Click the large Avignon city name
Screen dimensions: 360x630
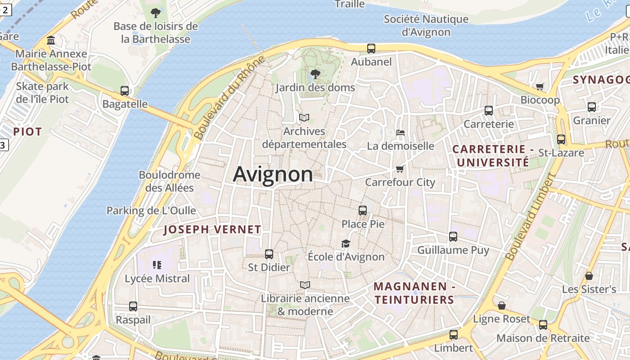tap(273, 175)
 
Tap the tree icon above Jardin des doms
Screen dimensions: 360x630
tap(315, 74)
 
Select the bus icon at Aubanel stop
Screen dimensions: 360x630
tap(371, 49)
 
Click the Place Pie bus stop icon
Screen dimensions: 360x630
tap(363, 210)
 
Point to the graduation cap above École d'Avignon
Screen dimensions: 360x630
tap(346, 243)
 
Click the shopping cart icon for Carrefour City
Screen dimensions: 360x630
tap(400, 169)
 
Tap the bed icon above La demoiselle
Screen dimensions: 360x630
tap(400, 133)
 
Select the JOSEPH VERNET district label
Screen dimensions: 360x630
tap(212, 229)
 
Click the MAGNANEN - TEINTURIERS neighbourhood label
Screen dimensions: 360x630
tap(414, 293)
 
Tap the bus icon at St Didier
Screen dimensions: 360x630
tap(269, 254)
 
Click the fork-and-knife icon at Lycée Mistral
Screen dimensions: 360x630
tap(157, 265)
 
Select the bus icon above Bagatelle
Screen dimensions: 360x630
tap(125, 91)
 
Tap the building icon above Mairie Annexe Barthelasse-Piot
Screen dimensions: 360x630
tap(51, 40)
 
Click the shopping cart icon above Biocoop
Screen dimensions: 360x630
tap(540, 86)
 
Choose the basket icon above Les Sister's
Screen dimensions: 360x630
tap(589, 276)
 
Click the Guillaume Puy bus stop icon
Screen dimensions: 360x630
tap(453, 237)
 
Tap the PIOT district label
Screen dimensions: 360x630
tap(27, 132)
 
